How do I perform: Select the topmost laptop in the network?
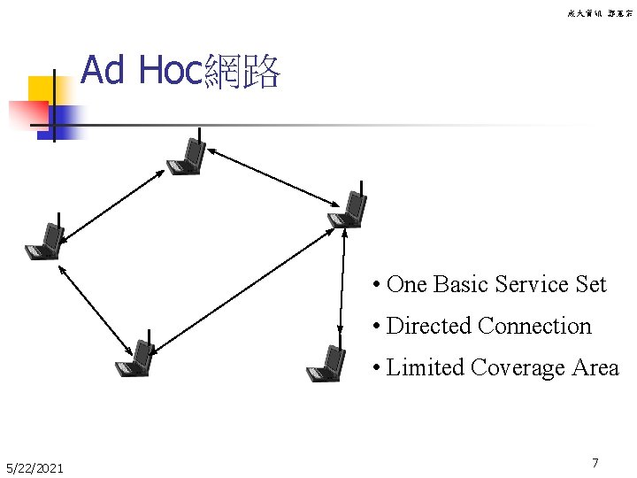(188, 157)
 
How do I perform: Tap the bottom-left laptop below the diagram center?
(136, 358)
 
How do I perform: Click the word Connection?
(534, 326)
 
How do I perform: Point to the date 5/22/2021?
(34, 467)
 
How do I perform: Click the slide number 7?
(595, 463)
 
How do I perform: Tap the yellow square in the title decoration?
(42, 91)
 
